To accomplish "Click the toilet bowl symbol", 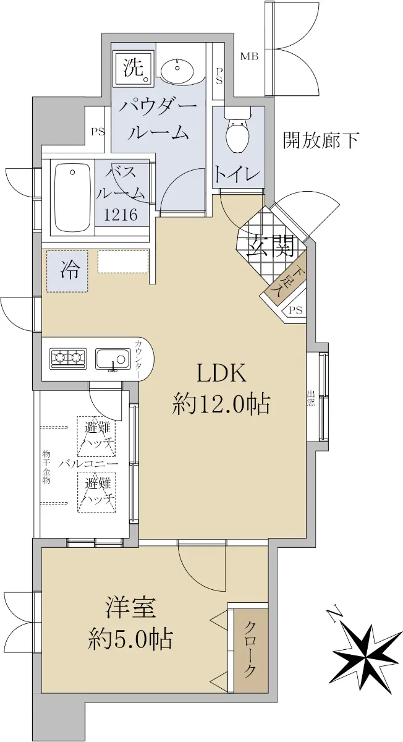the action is pos(237,133).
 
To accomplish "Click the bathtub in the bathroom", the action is pos(73,198).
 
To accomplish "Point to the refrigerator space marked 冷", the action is pos(67,271).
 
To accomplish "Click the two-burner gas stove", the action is pos(68,359).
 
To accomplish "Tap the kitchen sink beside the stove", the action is pos(112,359).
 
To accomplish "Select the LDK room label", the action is pos(222,374).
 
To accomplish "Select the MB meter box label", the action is pos(249,56).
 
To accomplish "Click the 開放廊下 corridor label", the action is pos(321,140).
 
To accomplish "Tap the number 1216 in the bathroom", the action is pos(121,215).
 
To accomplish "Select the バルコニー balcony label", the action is pos(88,464).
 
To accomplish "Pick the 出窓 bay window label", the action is pos(311,398).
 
